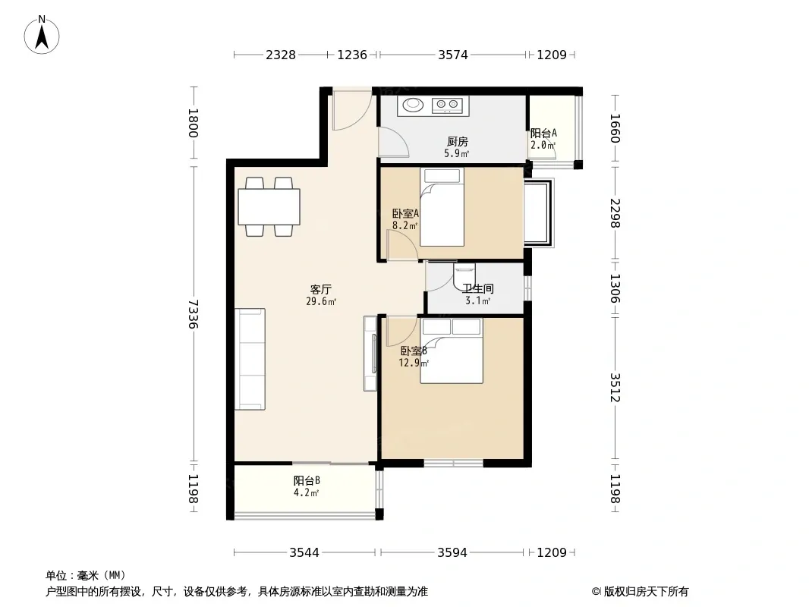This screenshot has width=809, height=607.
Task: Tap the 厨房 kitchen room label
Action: point(457,141)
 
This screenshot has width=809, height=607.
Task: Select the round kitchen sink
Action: point(414,105)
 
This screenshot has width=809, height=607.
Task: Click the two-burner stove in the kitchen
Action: point(447,105)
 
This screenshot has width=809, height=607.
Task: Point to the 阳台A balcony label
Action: point(544,133)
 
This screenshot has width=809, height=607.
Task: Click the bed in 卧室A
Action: point(442,207)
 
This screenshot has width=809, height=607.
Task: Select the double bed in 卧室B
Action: point(452,351)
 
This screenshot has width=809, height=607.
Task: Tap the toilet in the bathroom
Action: point(464,276)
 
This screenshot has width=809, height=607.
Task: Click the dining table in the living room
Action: point(269,207)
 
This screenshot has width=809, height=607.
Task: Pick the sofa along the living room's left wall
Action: point(250,359)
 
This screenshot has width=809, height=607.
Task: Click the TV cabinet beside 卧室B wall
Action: point(370,354)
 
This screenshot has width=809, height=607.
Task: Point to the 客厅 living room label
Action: point(321,289)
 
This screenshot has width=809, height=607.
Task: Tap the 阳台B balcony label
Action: point(307,480)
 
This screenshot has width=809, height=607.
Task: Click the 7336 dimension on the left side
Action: point(193,313)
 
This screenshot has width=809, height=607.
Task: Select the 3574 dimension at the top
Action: point(453,55)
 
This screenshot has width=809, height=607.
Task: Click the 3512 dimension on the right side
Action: point(615,387)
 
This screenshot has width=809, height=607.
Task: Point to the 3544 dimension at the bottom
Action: point(304,553)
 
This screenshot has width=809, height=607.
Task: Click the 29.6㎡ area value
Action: point(321,302)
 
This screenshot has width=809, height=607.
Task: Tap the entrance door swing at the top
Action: point(352,110)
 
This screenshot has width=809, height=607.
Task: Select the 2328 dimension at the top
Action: point(281,55)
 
